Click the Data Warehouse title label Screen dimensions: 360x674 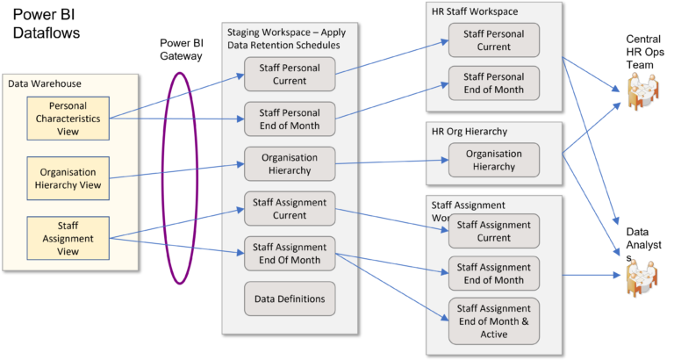tap(45, 83)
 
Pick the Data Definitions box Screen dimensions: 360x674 tap(290, 299)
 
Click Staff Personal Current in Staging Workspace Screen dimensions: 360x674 tap(290, 74)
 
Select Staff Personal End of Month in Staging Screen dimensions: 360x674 tap(290, 119)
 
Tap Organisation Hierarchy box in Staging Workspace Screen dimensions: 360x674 tap(290, 163)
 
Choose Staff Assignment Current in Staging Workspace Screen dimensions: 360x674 tap(290, 209)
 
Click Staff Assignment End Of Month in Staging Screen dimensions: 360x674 tap(290, 253)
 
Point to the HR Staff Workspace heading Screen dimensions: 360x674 tap(474, 11)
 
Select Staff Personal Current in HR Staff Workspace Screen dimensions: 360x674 tap(494, 40)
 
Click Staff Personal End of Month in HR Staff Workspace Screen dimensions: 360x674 tap(494, 83)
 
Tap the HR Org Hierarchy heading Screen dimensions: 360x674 tap(470, 132)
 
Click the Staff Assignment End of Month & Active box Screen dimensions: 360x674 tap(494, 321)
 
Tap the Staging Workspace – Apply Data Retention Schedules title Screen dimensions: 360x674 tap(280, 39)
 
